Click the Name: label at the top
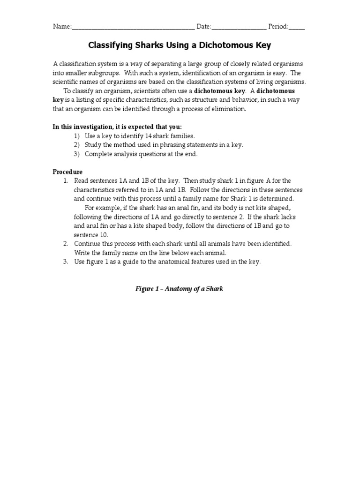click(62, 27)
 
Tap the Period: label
click(278, 27)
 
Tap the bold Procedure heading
click(67, 172)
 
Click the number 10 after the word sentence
click(103, 235)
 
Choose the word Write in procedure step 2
click(83, 253)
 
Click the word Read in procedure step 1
click(82, 181)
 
